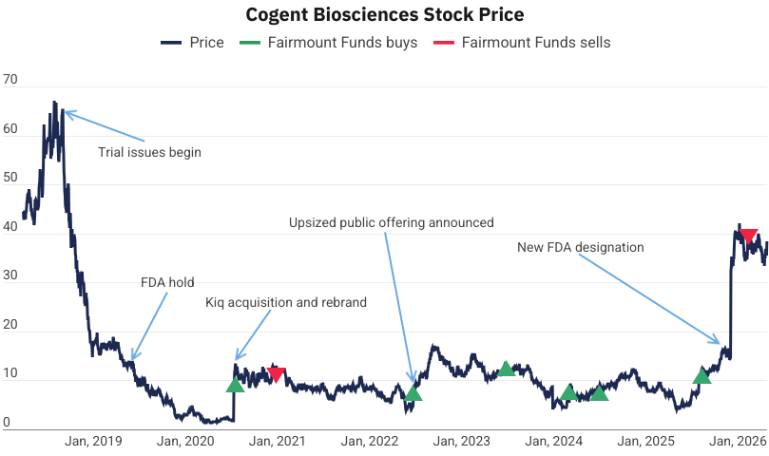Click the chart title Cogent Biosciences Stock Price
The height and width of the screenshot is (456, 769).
384,15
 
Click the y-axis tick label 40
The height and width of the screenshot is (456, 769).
10,228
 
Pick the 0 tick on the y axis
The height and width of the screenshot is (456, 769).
7,423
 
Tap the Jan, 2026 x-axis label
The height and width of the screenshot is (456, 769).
738,441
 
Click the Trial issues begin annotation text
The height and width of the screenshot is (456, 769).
150,152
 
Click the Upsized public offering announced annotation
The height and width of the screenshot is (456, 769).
392,223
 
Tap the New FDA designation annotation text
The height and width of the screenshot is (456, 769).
581,247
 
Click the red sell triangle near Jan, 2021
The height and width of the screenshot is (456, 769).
276,373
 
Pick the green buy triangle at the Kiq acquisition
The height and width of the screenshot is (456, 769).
235,385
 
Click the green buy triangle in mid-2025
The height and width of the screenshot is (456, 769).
702,376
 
